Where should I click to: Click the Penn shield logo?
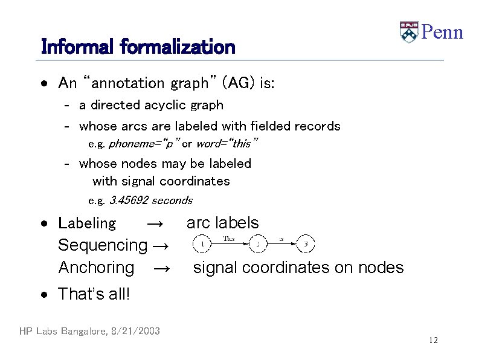(409, 32)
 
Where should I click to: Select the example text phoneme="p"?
(143, 144)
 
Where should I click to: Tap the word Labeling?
(86, 223)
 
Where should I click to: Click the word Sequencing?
(102, 245)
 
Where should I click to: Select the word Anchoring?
(96, 267)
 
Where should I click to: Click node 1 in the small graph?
(202, 244)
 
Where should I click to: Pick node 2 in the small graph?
(258, 244)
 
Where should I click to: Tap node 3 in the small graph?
(306, 244)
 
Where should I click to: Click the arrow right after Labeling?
(155, 224)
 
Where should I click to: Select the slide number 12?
(433, 341)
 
